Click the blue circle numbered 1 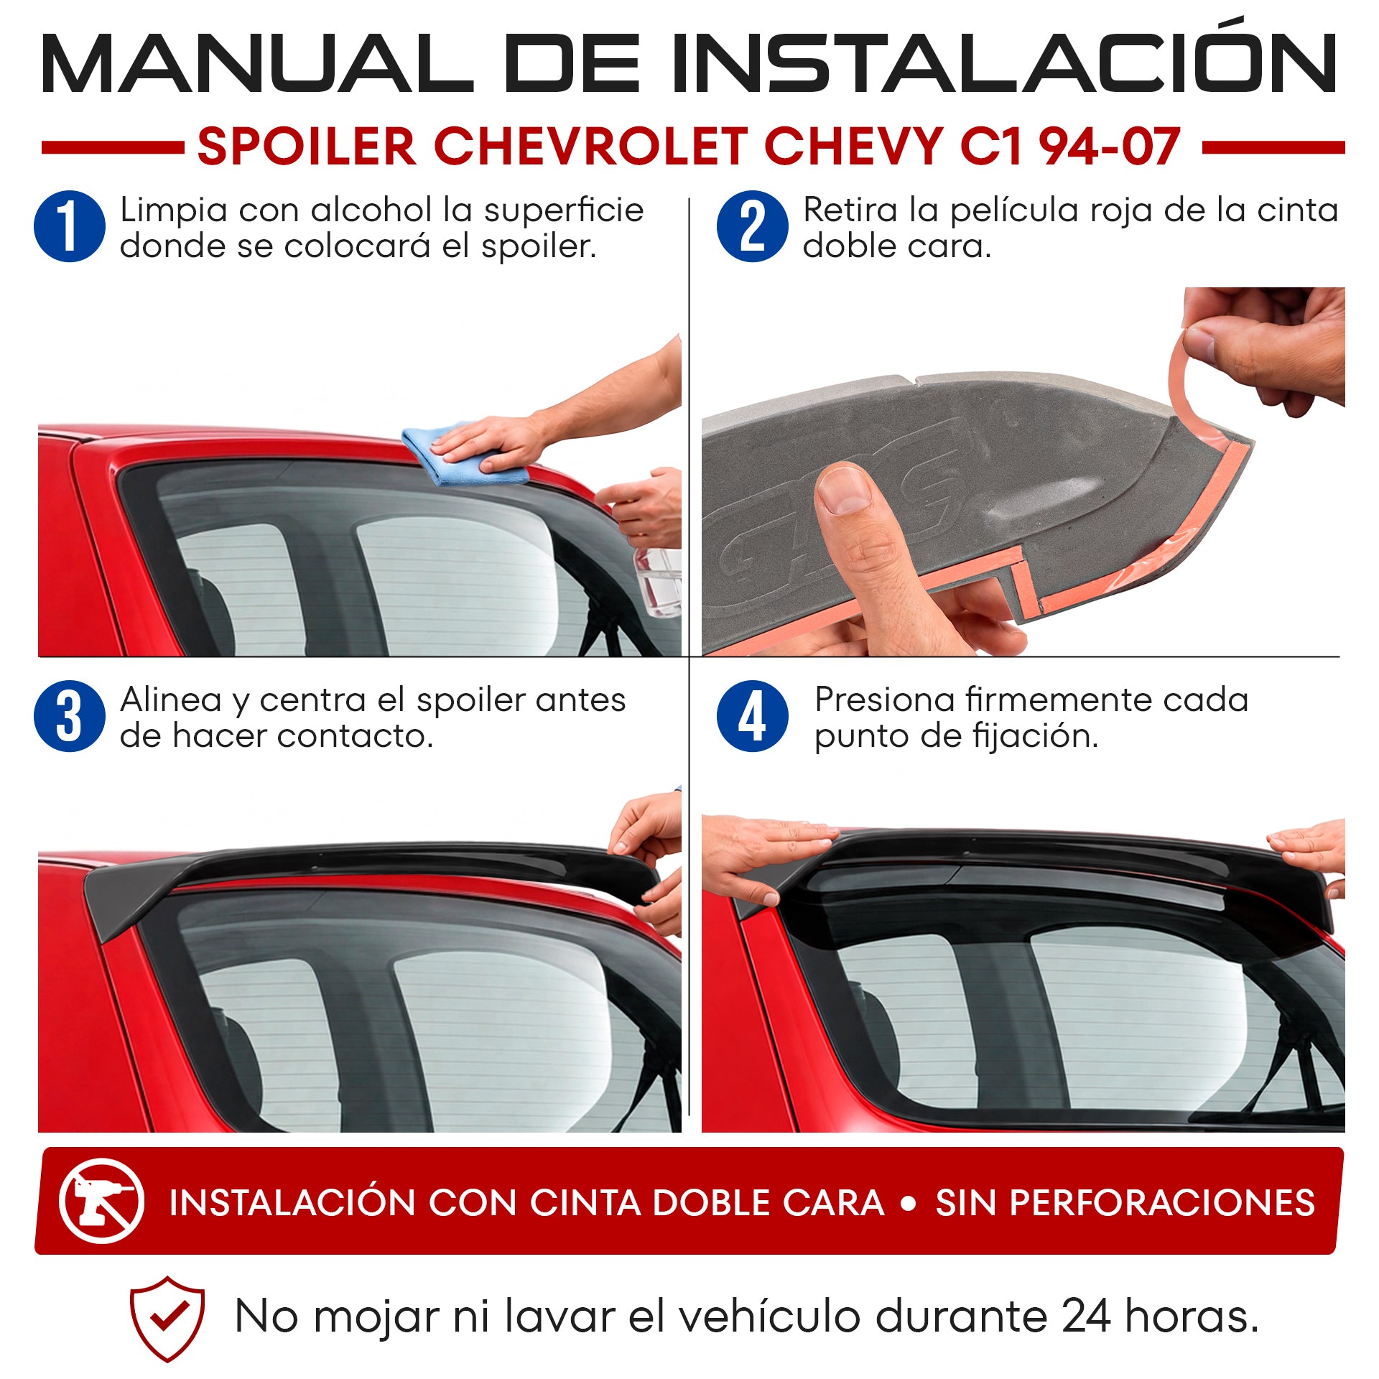click(x=70, y=226)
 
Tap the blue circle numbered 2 click(x=752, y=226)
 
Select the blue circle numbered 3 click(x=70, y=716)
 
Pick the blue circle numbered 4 click(x=752, y=716)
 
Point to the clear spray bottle click(x=658, y=575)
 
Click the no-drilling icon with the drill click(x=101, y=1200)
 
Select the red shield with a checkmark click(x=167, y=1318)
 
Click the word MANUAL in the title click(x=256, y=63)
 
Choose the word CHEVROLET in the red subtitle click(x=591, y=147)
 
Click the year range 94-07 click(x=1110, y=147)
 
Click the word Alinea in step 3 click(x=171, y=700)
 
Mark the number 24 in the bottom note click(x=1087, y=1317)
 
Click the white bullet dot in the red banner click(x=909, y=1203)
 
